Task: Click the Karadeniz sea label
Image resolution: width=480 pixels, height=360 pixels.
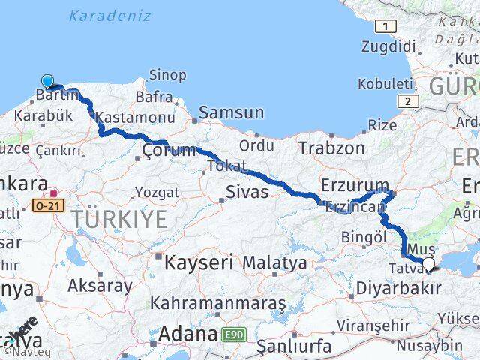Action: click(x=109, y=16)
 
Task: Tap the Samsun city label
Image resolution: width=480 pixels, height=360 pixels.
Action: click(x=230, y=113)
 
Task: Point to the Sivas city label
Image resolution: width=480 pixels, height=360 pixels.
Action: click(x=247, y=193)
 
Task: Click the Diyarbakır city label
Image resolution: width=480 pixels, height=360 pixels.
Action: click(x=397, y=288)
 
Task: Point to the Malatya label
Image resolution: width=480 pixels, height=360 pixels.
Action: click(x=274, y=263)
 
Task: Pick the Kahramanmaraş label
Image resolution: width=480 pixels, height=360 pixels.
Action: click(x=218, y=304)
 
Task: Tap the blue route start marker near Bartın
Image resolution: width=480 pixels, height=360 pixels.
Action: click(x=48, y=81)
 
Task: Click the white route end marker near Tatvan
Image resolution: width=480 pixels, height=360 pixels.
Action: click(x=428, y=263)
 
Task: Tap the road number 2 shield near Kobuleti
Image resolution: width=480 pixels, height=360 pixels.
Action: click(x=406, y=101)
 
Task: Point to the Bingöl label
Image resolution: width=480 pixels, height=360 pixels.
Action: click(x=364, y=237)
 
